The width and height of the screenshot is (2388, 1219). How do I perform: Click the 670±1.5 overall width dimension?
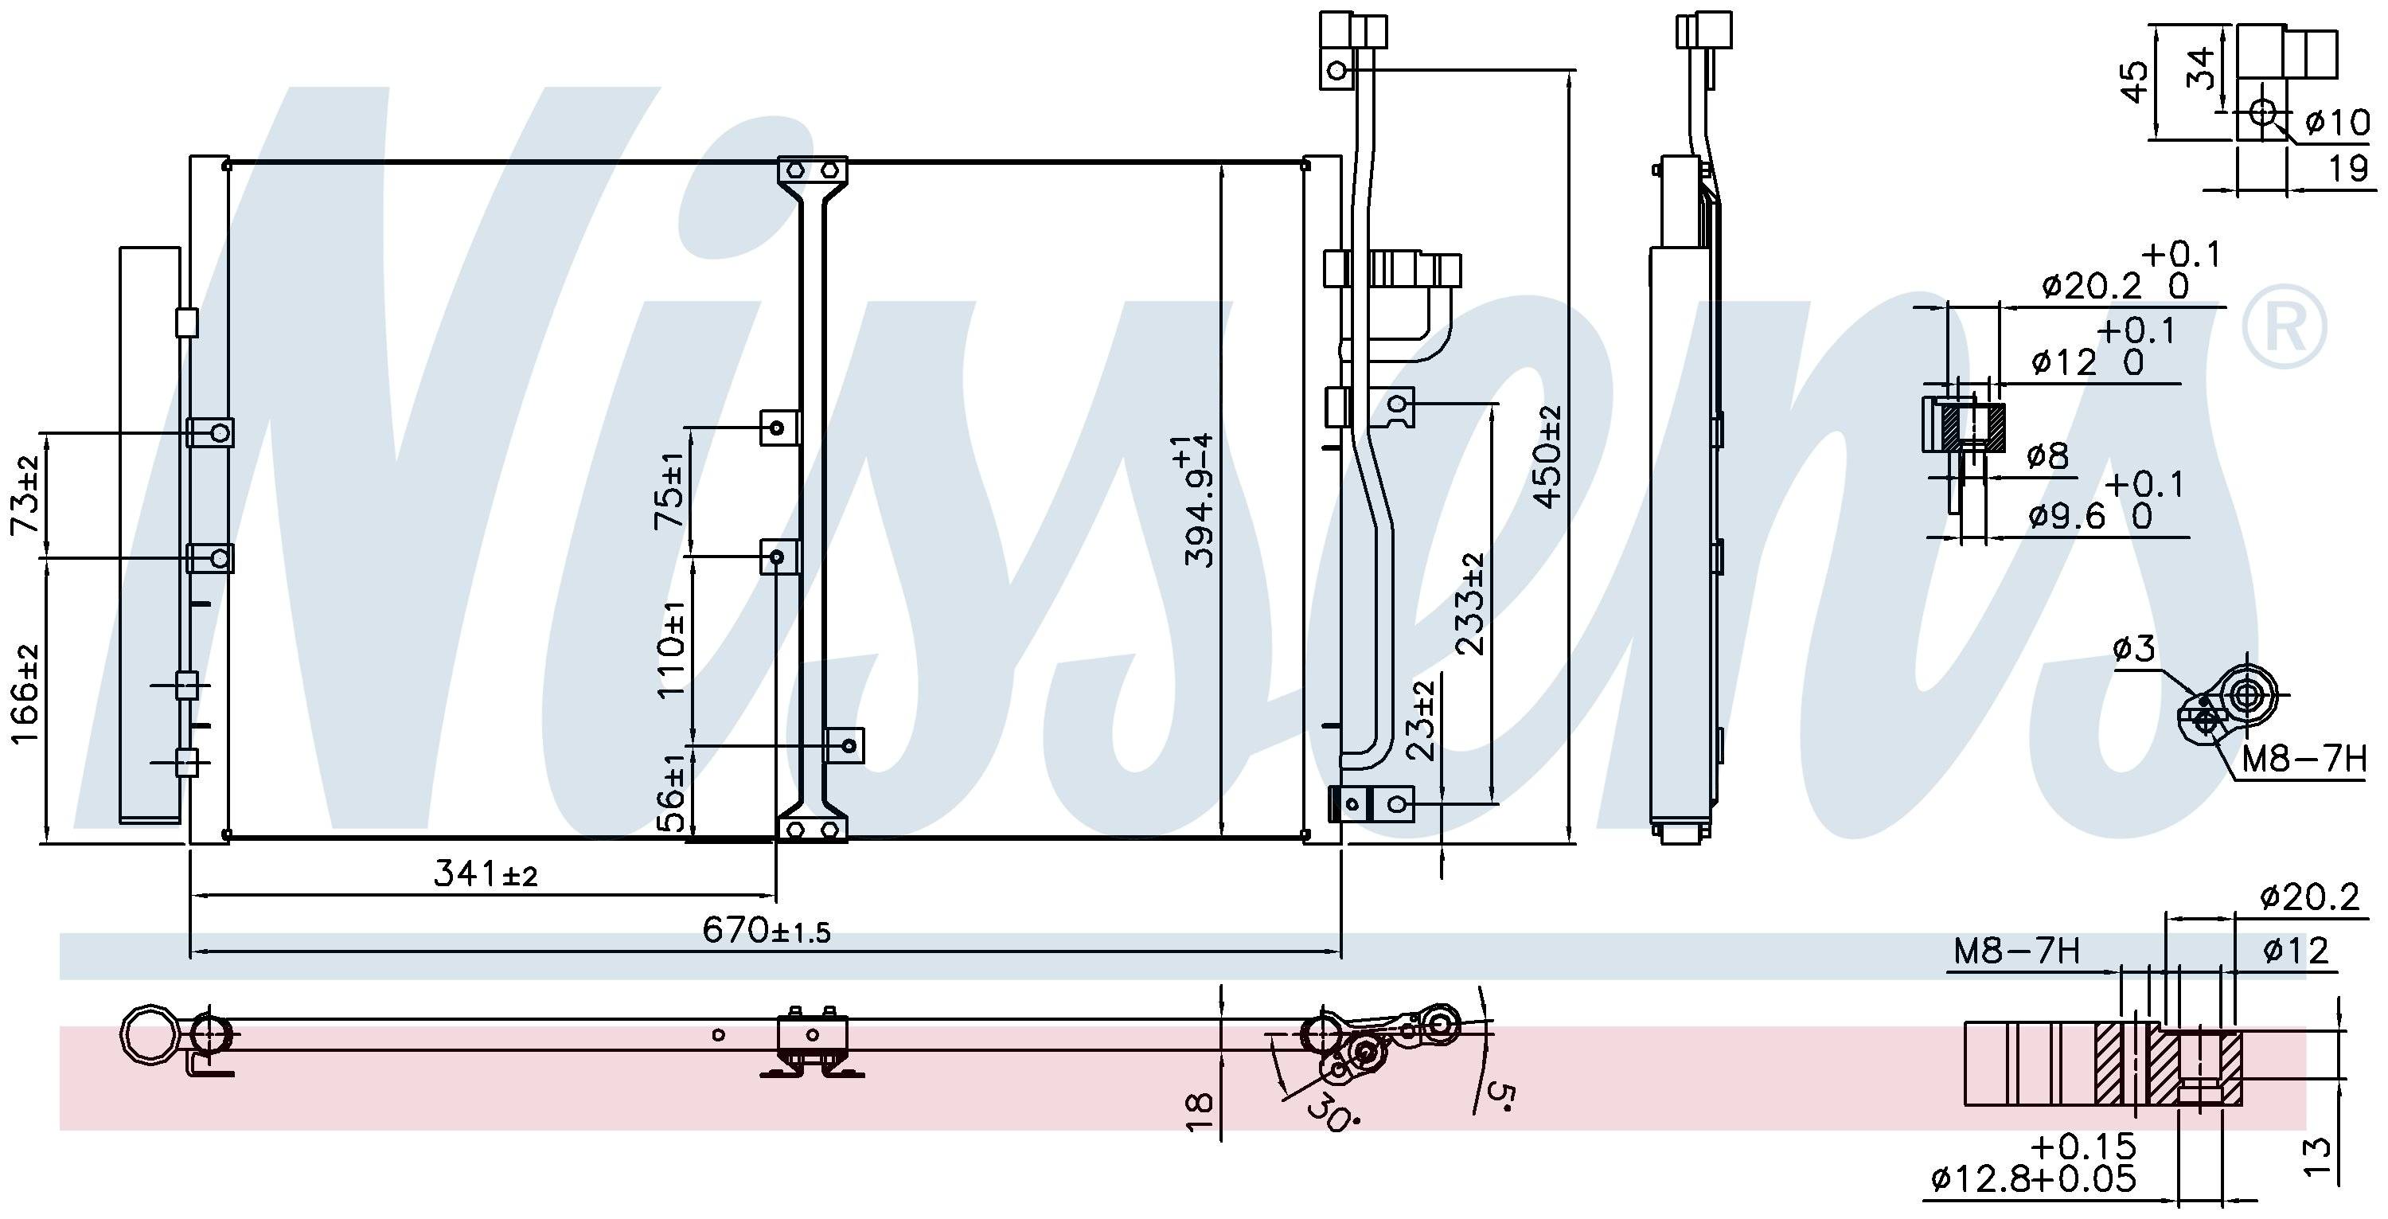(x=766, y=929)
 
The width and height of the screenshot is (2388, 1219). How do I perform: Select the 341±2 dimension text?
(x=485, y=873)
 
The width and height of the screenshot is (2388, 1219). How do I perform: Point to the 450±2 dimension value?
(x=1547, y=457)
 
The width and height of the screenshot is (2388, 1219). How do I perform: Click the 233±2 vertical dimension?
(x=1470, y=604)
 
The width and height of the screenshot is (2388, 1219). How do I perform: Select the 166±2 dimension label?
(x=26, y=694)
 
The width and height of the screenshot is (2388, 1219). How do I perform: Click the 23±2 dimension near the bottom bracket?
(x=1420, y=721)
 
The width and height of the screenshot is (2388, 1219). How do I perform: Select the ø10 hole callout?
(x=2336, y=122)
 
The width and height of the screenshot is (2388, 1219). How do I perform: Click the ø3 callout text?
(x=2134, y=649)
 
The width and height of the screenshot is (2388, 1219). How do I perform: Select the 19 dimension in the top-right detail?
(x=2348, y=169)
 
